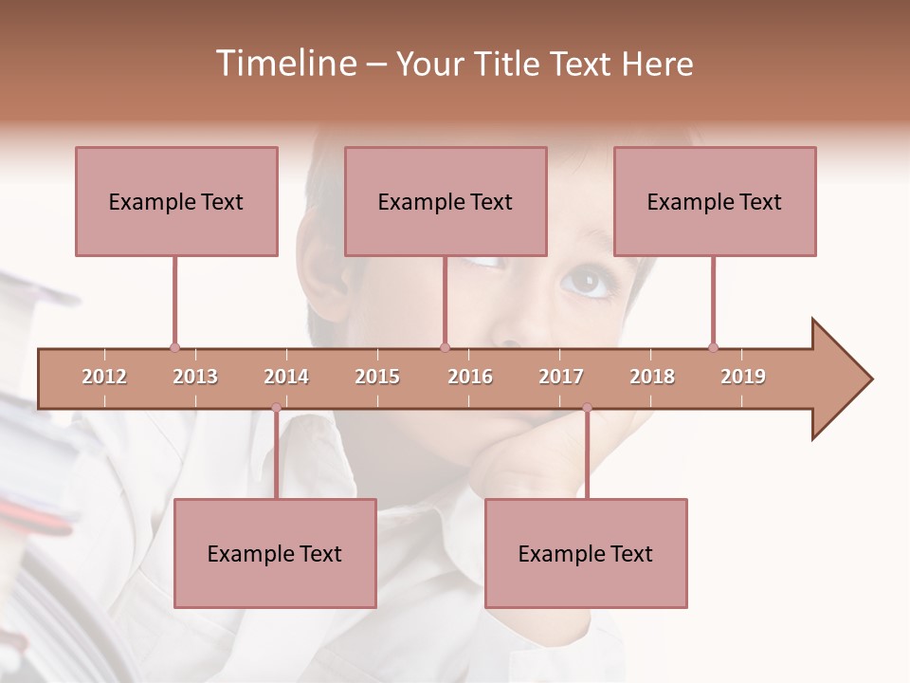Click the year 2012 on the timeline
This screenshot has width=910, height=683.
(x=104, y=377)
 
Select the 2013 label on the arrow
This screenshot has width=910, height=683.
(x=195, y=377)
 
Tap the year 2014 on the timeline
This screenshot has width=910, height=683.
(x=286, y=377)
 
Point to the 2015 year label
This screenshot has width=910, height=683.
(x=377, y=377)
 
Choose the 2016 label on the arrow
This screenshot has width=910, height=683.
(x=470, y=377)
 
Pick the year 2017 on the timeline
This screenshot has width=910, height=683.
(x=561, y=377)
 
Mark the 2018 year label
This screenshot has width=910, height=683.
(x=652, y=377)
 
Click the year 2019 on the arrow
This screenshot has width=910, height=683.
(x=743, y=377)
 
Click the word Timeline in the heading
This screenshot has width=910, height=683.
(x=284, y=64)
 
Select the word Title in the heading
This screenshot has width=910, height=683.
(x=508, y=64)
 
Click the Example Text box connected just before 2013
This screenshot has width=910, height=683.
(x=176, y=201)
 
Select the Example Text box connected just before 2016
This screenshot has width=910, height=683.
(x=446, y=201)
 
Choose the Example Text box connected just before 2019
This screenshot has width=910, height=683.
(x=715, y=201)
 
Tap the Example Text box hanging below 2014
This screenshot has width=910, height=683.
(x=275, y=553)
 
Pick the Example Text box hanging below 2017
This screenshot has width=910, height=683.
(x=586, y=553)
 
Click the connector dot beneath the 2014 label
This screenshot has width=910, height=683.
(x=276, y=408)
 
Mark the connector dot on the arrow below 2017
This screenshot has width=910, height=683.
(x=587, y=408)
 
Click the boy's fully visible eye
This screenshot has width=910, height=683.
(x=587, y=281)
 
